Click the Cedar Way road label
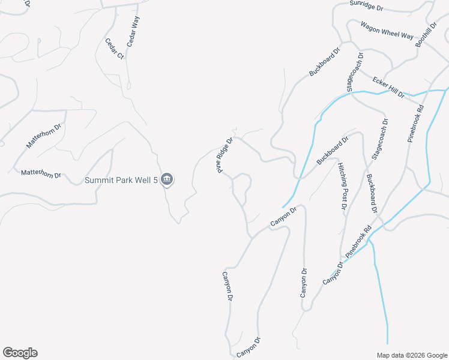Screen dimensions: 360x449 133,32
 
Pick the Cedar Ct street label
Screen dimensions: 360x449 114,49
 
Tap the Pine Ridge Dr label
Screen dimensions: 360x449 225,156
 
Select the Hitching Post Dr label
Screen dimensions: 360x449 342,185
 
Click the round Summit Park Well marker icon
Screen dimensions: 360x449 167,179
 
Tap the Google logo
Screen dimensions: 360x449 20,353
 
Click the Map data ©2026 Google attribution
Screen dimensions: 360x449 412,355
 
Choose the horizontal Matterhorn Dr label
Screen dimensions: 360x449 41,174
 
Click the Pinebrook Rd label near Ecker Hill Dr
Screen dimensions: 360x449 415,125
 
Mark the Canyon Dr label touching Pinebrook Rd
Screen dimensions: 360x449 333,273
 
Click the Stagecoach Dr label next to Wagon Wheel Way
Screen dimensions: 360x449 355,72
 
